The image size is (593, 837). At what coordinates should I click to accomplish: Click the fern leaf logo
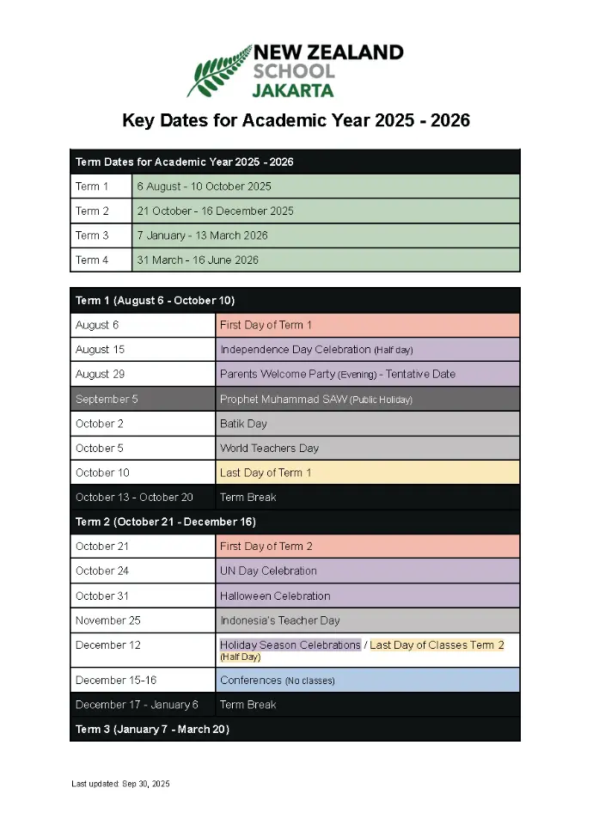click(x=218, y=72)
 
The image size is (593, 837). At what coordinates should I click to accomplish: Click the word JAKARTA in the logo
click(x=293, y=89)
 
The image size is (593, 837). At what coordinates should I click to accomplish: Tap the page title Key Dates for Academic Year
click(x=296, y=120)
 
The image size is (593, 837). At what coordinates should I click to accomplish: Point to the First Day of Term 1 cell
click(x=368, y=325)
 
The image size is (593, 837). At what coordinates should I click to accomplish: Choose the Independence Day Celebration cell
click(x=368, y=350)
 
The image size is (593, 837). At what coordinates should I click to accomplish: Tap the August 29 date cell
click(x=143, y=374)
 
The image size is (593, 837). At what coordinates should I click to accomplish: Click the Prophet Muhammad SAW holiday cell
click(x=368, y=399)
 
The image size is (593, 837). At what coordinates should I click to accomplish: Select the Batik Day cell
click(x=368, y=424)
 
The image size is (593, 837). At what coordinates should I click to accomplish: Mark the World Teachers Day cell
click(x=368, y=448)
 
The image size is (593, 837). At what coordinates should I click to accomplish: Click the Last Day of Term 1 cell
click(x=368, y=473)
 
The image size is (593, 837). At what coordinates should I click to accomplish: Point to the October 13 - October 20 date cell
click(x=143, y=497)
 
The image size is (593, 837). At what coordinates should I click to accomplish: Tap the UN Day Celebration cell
click(x=368, y=571)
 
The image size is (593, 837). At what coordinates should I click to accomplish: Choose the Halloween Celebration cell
click(x=368, y=596)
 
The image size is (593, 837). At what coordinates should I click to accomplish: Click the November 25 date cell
click(x=143, y=620)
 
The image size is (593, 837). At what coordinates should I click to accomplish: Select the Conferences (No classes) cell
click(x=368, y=680)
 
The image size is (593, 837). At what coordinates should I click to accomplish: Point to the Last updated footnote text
click(x=121, y=784)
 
